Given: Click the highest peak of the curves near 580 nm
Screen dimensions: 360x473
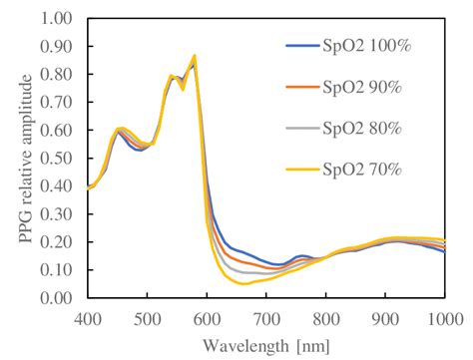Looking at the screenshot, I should [x=195, y=56].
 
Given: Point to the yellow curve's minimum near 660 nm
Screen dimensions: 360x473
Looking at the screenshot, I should [x=243, y=283].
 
